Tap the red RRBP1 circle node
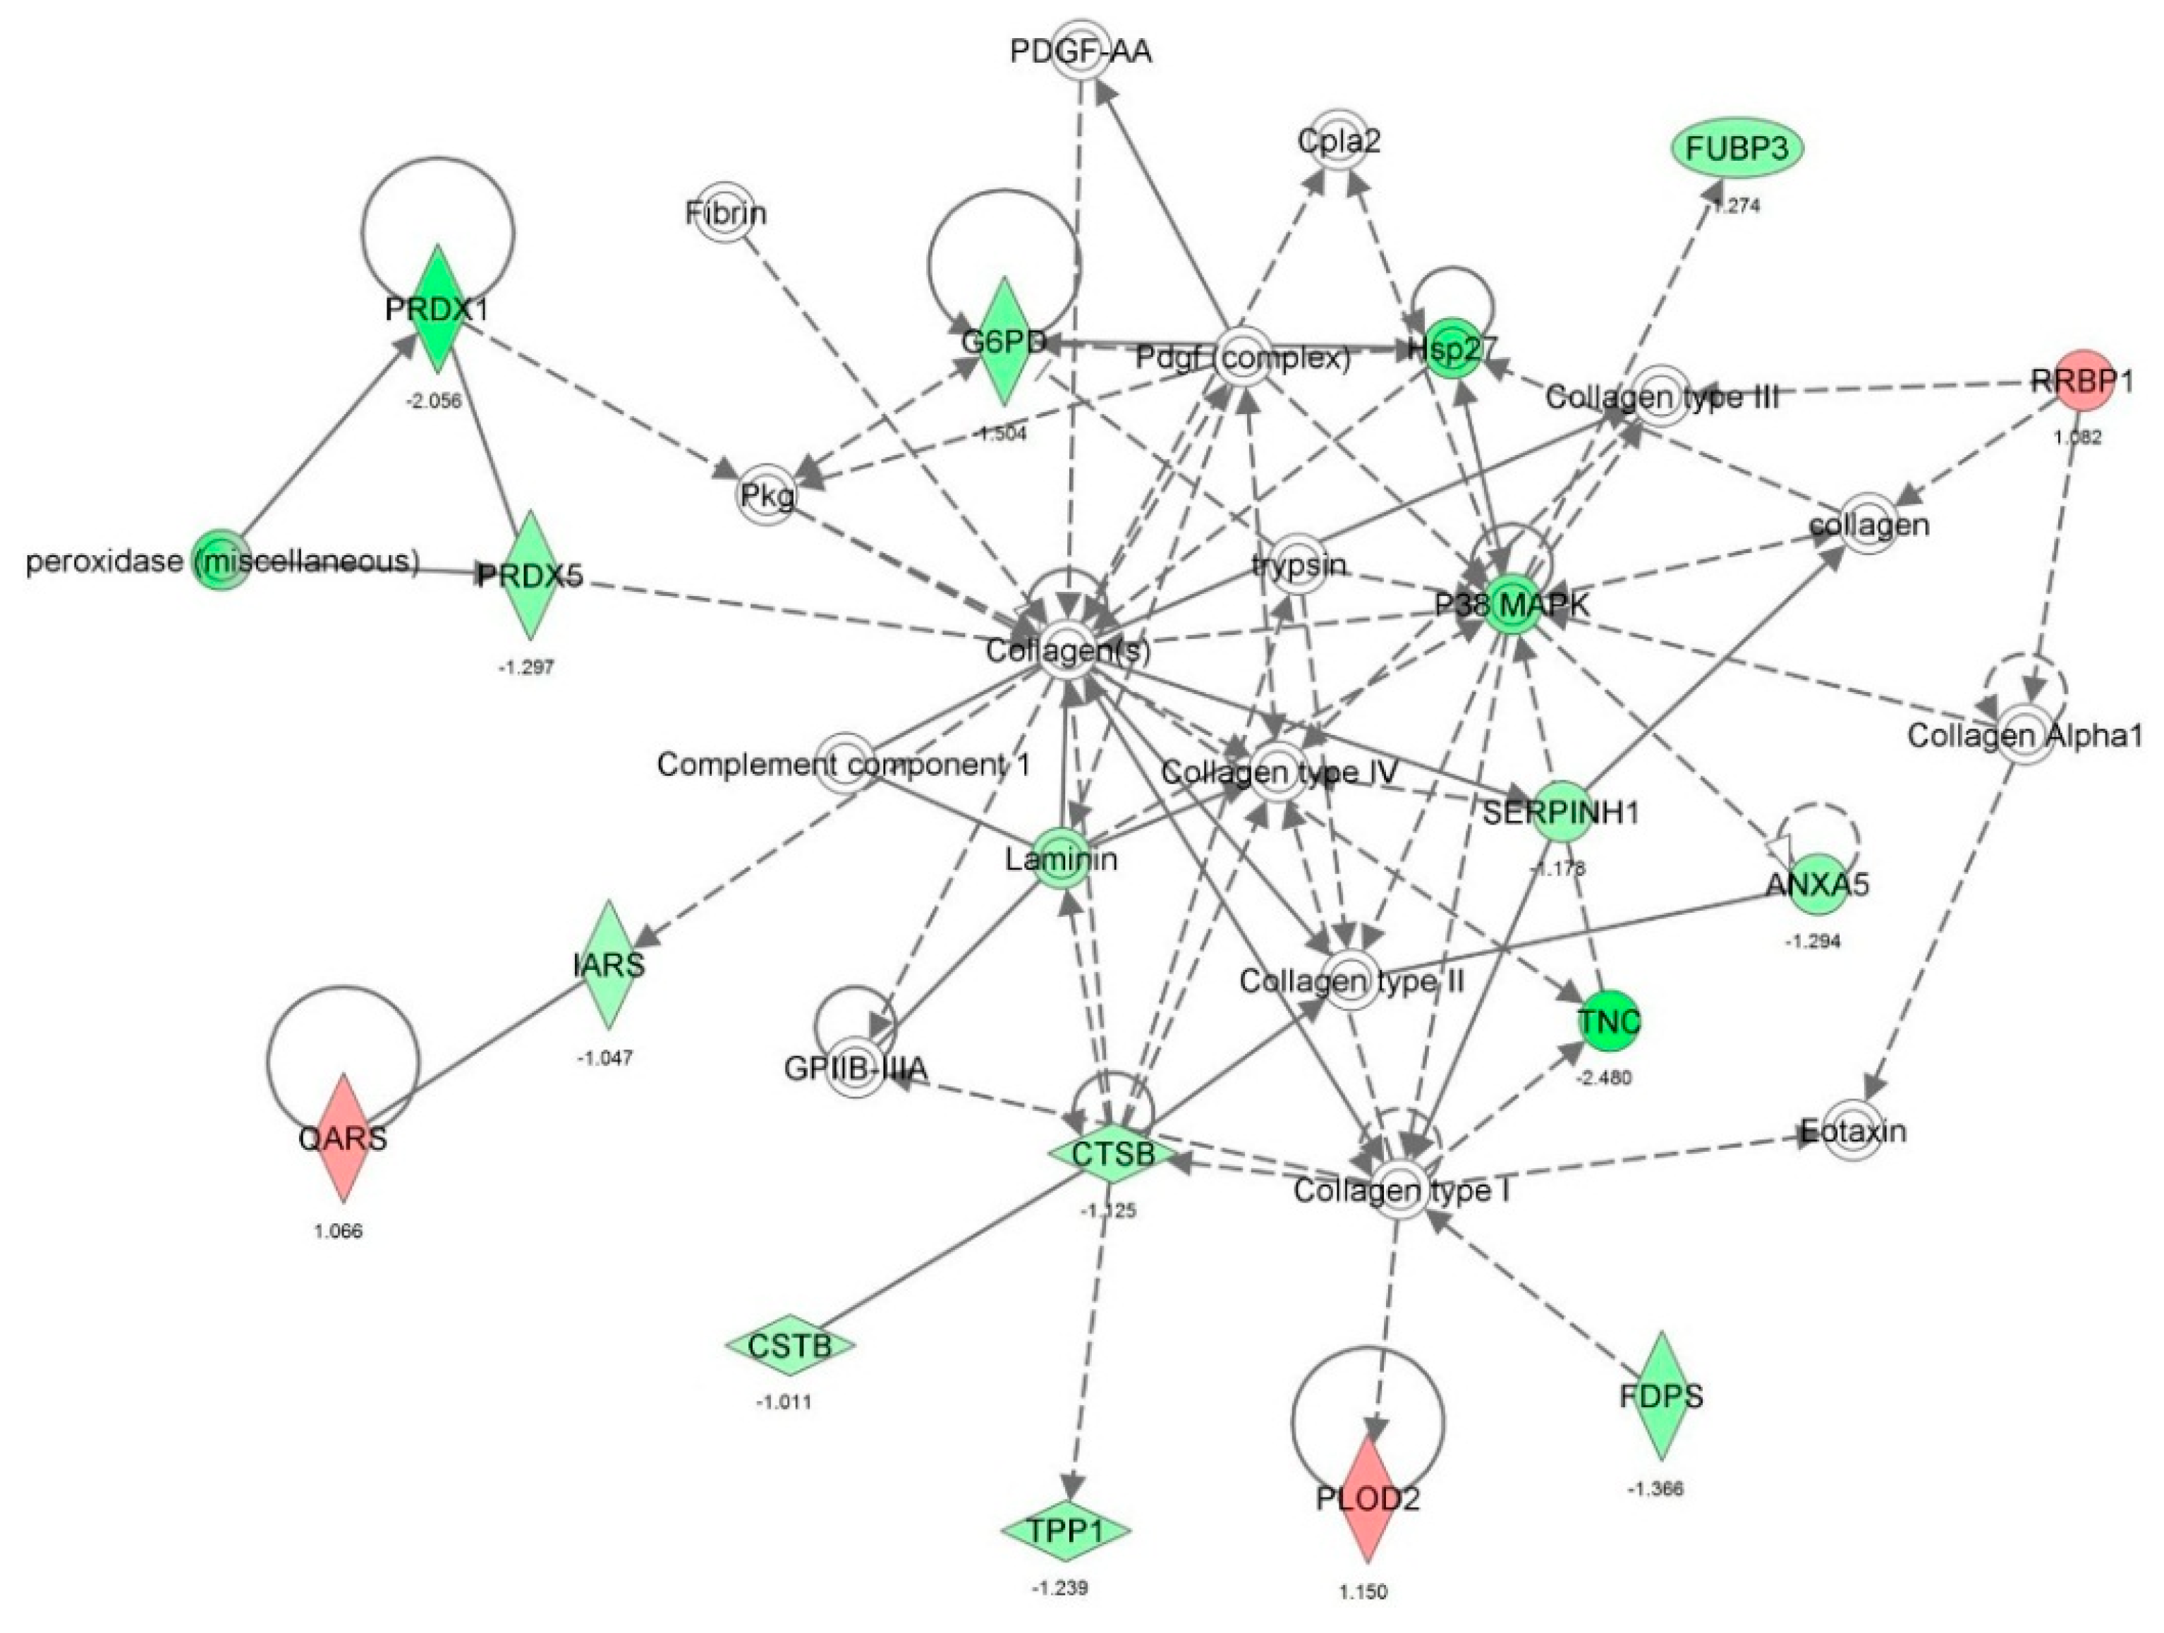(x=2081, y=381)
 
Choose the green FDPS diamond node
(x=1661, y=1395)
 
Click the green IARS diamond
(x=609, y=965)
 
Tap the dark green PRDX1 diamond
(x=437, y=309)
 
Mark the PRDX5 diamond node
(x=529, y=576)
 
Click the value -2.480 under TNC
(x=1603, y=1079)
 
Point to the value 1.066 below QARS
(x=339, y=1231)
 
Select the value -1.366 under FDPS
(x=1656, y=1489)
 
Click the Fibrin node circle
(x=726, y=212)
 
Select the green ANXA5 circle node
(x=1817, y=885)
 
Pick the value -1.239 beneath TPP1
(x=1059, y=1588)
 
